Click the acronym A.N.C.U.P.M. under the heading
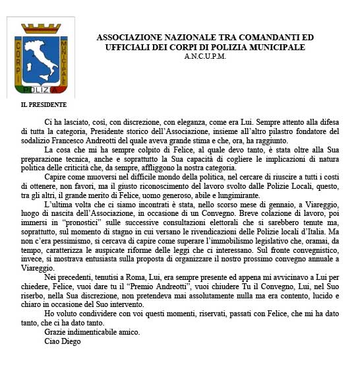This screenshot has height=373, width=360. point(206,57)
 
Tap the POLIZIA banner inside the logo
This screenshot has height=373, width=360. point(41,89)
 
